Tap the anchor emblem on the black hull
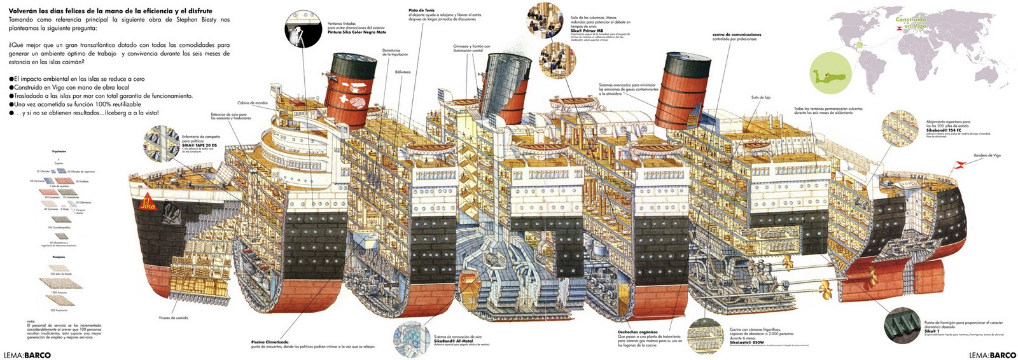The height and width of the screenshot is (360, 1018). coord(171,211)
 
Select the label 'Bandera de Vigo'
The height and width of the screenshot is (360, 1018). coord(987,155)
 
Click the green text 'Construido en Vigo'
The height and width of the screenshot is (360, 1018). coord(911,22)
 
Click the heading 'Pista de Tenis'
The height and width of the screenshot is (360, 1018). coord(421,10)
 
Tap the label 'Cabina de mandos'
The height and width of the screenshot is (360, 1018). coord(253,102)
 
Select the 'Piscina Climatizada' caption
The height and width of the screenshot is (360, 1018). coord(270,342)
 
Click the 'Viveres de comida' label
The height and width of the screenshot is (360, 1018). coord(173,317)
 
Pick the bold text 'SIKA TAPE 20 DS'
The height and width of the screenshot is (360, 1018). coord(199,146)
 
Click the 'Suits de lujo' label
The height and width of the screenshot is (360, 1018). coord(760,97)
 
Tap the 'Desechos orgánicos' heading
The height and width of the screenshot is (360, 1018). coord(638,331)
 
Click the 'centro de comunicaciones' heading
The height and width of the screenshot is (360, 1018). coord(737,34)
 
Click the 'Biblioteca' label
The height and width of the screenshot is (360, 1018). coord(403,72)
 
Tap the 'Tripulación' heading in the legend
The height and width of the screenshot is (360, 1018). coord(59,151)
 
